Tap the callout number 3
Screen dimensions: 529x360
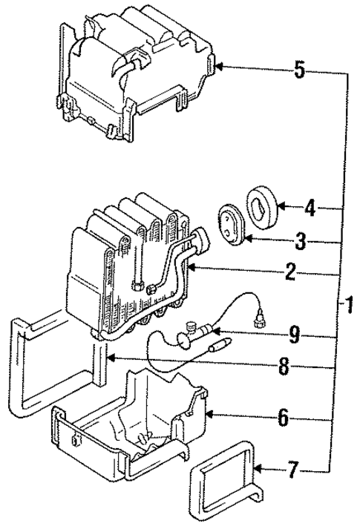pos(301,240)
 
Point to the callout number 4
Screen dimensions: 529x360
pos(310,207)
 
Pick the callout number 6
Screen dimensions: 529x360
pos(282,418)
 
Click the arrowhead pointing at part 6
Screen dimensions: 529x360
pos(209,414)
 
